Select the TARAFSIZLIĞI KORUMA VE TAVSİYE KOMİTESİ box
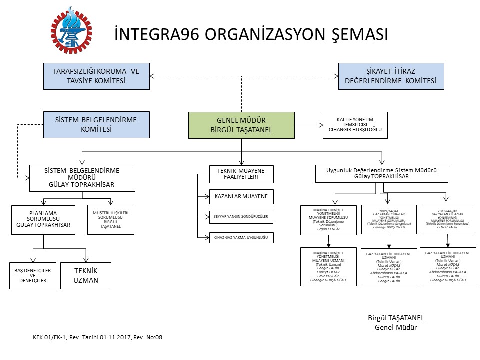tap(96, 76)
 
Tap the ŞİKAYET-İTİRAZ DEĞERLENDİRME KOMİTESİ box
tap(391, 76)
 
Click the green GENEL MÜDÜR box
tap(241, 125)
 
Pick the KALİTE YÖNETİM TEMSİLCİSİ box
tap(355, 125)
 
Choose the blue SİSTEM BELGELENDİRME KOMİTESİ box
tap(96, 124)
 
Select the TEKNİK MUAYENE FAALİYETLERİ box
tap(241, 174)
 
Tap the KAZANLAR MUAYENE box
tap(242, 197)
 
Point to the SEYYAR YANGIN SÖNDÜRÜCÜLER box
tap(242, 217)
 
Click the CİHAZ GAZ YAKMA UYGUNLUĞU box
tap(242, 238)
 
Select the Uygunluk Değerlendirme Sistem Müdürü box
tap(382, 174)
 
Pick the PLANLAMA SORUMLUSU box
tap(43, 220)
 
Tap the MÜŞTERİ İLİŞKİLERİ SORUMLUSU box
tap(111, 220)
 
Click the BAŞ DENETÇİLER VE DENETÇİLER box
tap(31, 275)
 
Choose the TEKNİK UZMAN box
tap(86, 276)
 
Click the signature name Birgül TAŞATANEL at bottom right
tap(395, 318)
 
